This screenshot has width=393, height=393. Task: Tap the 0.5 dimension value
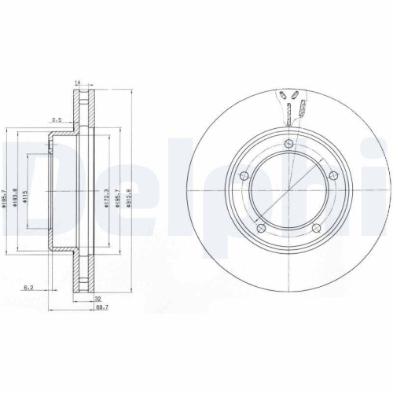57,120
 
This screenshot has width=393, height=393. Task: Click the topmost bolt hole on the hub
290,143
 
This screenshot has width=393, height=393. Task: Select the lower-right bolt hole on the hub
317,229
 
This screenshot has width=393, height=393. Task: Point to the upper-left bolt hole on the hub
244,175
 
